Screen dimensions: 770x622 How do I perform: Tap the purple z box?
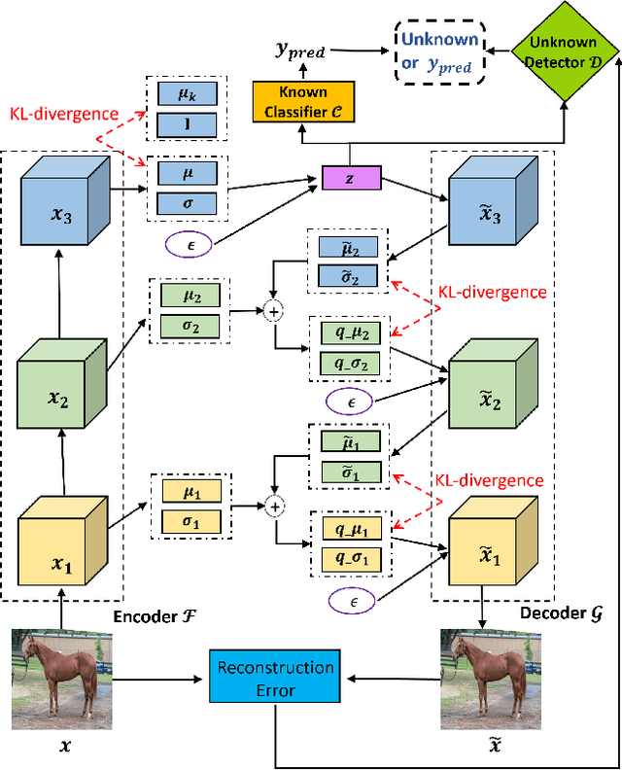(x=351, y=179)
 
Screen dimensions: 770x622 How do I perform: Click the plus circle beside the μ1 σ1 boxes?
(x=274, y=506)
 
